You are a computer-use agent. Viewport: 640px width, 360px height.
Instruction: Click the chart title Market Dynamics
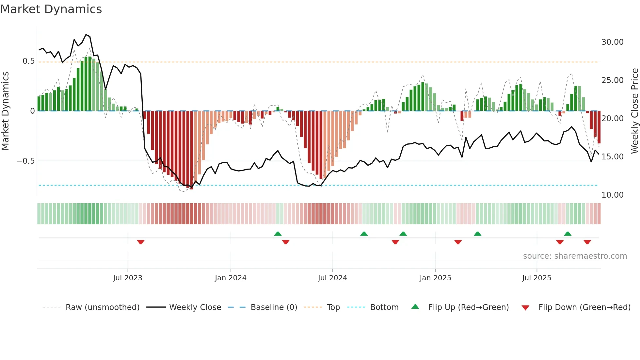[x=51, y=9]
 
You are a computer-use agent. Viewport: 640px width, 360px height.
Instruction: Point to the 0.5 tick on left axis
[x=28, y=61]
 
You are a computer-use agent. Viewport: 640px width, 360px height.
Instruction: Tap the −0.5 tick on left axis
[x=25, y=161]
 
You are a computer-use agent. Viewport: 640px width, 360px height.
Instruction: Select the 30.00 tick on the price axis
[x=612, y=42]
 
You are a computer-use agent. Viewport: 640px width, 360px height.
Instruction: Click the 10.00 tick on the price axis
[x=612, y=195]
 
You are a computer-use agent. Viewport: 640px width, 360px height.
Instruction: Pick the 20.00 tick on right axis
[x=612, y=119]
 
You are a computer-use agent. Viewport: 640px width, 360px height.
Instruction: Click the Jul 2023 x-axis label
[x=128, y=278]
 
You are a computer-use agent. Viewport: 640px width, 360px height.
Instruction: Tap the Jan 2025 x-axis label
[x=435, y=278]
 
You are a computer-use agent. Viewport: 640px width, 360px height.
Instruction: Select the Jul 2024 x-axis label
[x=332, y=278]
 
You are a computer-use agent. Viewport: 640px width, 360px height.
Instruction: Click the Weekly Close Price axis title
[x=634, y=111]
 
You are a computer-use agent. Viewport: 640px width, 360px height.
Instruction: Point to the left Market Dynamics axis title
[x=5, y=111]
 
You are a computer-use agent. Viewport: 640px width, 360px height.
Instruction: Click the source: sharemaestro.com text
[x=575, y=256]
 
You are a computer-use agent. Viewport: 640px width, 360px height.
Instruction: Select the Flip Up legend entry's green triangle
[x=415, y=307]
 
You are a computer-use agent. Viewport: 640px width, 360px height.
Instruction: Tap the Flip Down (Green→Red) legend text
[x=584, y=307]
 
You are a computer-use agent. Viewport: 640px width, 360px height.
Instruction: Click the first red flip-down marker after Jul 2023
[x=141, y=242]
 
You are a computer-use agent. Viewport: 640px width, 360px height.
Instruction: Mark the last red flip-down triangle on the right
[x=587, y=242]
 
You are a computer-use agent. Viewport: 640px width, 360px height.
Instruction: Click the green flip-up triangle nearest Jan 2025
[x=403, y=234]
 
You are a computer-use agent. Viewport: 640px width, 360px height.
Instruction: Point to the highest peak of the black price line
[x=86, y=35]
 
